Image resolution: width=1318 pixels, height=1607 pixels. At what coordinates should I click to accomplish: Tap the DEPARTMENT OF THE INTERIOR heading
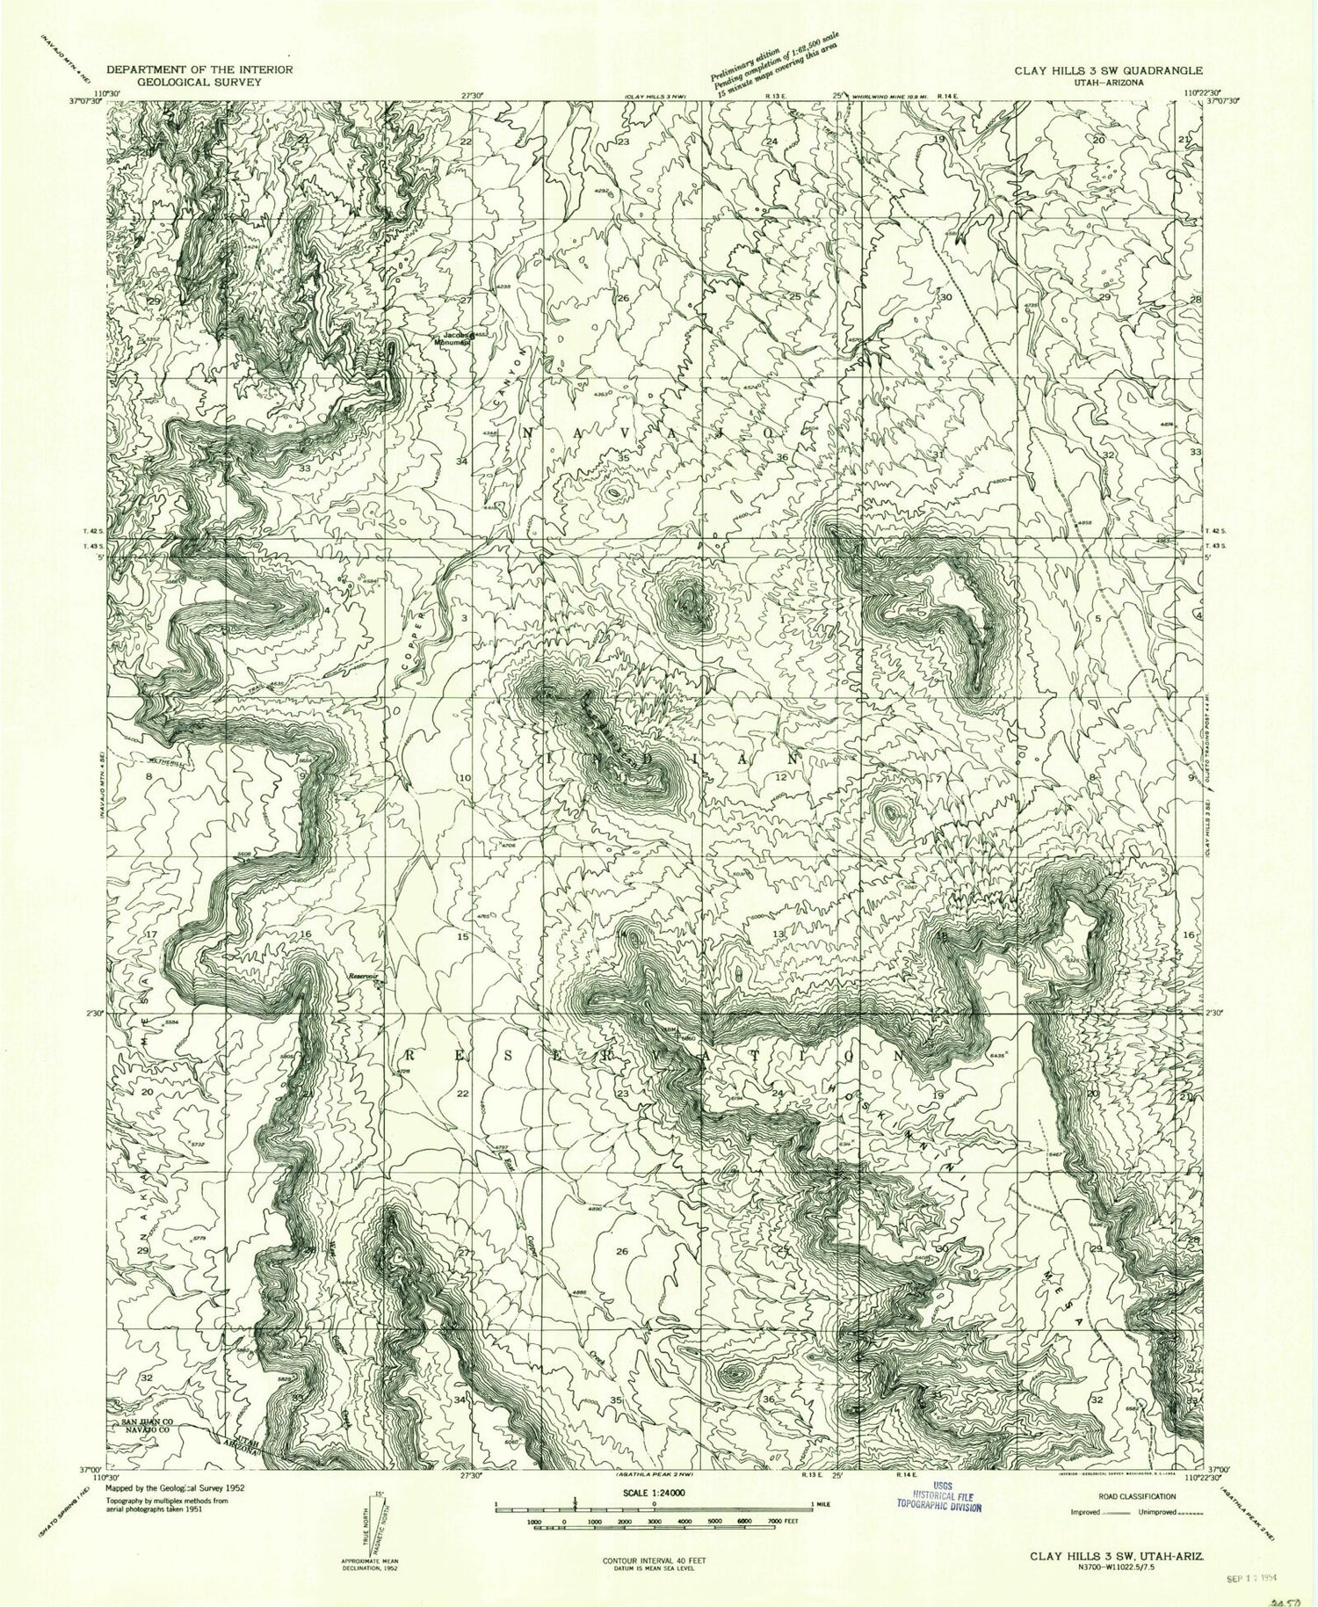199,69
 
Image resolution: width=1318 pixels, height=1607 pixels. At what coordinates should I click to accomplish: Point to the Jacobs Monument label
457,338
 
